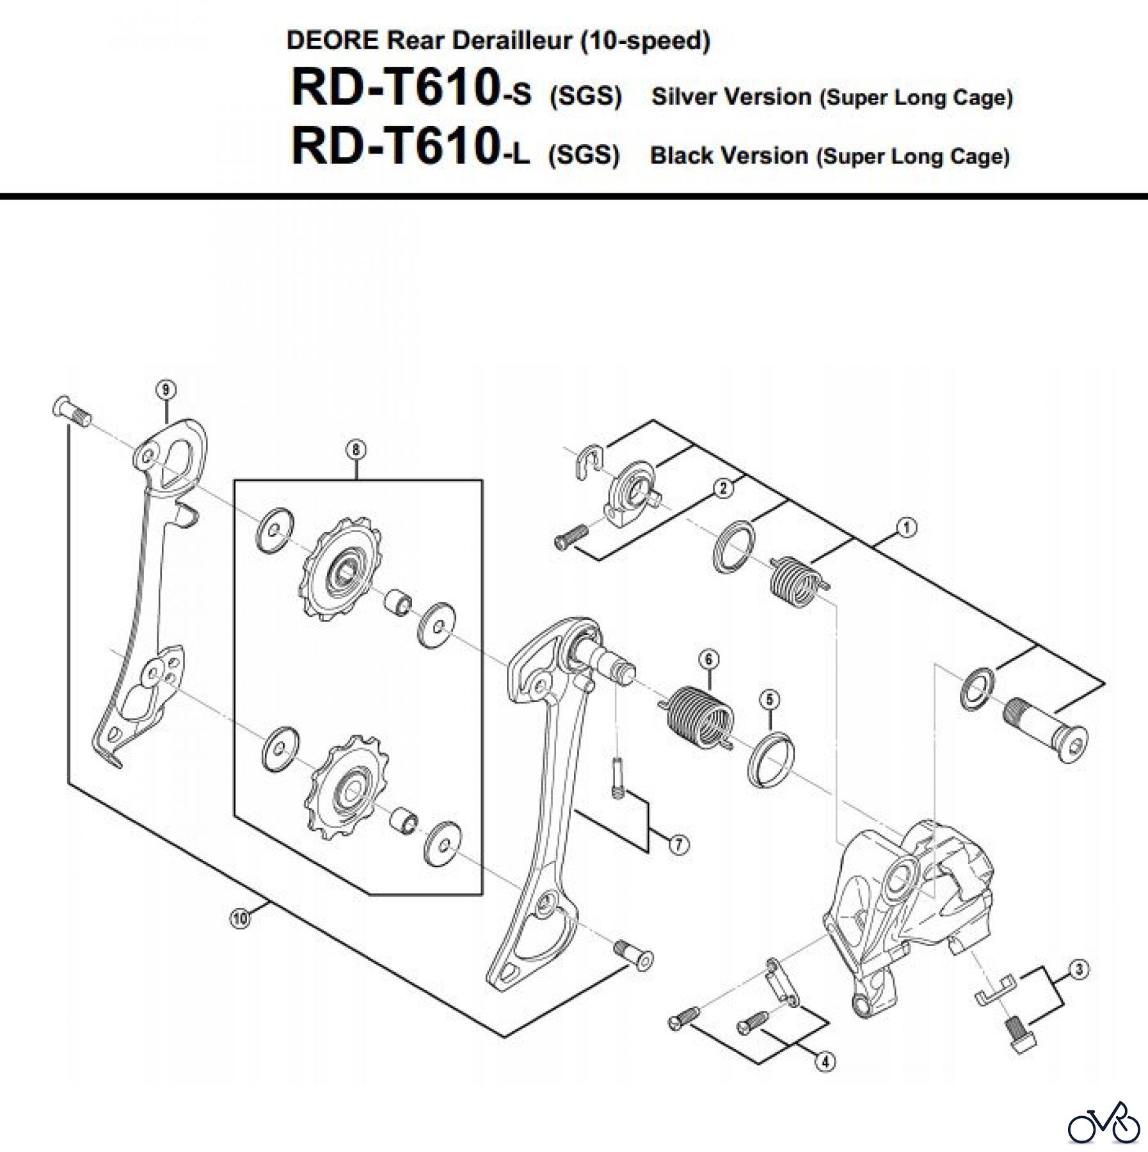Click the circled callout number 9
(x=166, y=389)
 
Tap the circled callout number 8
(x=356, y=450)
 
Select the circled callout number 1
(x=906, y=527)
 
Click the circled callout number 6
(x=708, y=659)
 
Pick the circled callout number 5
(x=769, y=700)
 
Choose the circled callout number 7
(x=679, y=845)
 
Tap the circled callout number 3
(x=1079, y=970)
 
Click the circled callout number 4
(x=825, y=1062)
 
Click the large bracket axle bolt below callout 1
(x=1044, y=730)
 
